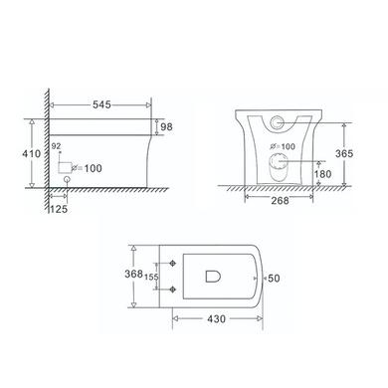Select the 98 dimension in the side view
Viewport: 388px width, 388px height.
(x=166, y=126)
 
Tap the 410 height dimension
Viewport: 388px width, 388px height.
(x=32, y=153)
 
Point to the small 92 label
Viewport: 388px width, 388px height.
(x=70, y=145)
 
